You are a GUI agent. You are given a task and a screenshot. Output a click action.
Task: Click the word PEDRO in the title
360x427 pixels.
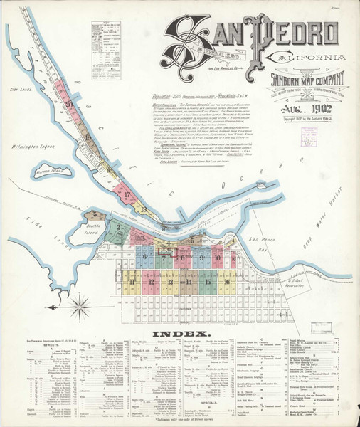point(295,31)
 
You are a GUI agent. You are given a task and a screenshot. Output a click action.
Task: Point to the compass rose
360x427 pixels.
point(80,308)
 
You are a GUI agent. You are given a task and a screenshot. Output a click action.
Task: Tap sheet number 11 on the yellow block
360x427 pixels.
point(132,282)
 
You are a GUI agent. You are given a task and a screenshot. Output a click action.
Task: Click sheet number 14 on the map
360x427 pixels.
point(188,282)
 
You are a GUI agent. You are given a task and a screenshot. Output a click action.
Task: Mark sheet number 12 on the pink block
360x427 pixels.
point(151,282)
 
